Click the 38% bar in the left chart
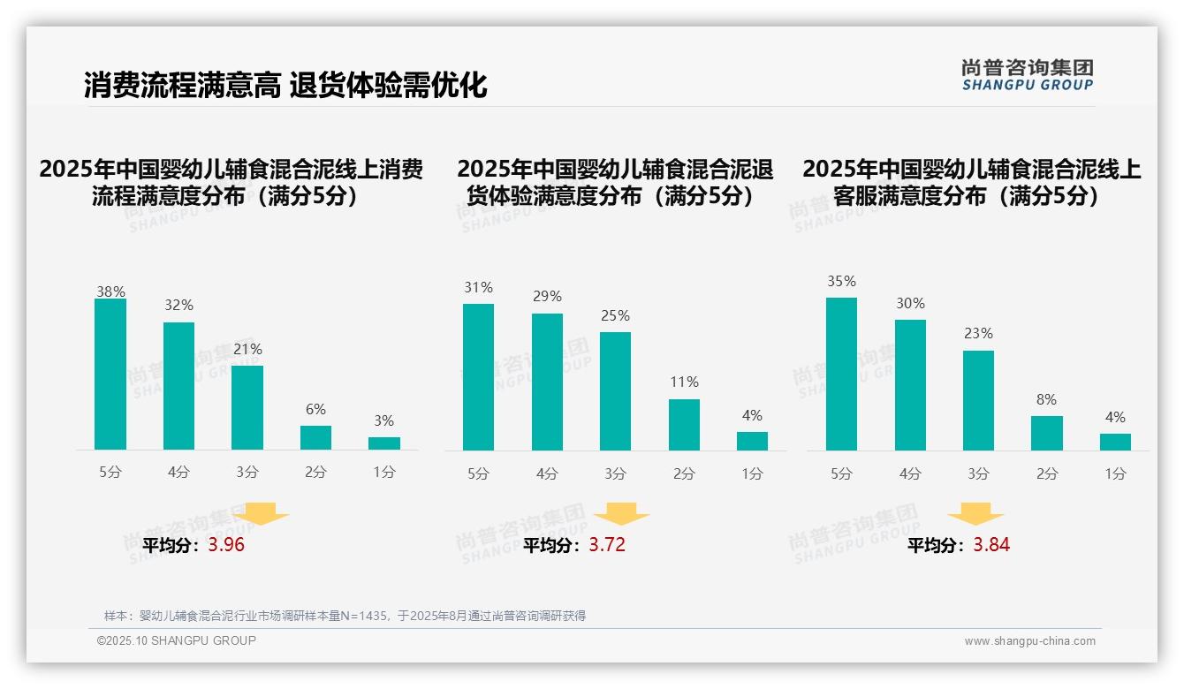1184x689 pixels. coord(110,375)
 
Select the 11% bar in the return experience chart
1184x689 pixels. coord(684,425)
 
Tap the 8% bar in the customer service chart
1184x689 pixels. coord(1047,433)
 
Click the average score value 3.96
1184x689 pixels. coord(226,545)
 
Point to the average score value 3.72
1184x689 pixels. coord(607,545)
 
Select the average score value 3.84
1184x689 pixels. coord(991,545)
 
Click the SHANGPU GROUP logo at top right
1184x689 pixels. coord(1027,75)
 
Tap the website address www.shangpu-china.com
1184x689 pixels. coord(1029,641)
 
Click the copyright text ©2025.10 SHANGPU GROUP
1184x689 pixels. coord(177,640)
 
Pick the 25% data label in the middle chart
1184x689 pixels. coord(615,316)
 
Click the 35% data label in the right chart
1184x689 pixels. coord(841,282)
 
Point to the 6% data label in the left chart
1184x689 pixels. coord(315,410)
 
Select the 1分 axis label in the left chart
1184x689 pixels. coord(384,473)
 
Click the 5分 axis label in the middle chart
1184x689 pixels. coord(478,474)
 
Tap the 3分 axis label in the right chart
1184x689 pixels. coord(978,474)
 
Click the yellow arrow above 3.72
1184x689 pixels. coord(621,515)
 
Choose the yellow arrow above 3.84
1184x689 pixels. coord(975,515)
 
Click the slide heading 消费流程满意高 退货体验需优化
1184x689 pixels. coord(285,86)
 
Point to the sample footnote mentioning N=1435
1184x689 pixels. coord(345,616)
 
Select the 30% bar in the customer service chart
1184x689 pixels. coord(910,385)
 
